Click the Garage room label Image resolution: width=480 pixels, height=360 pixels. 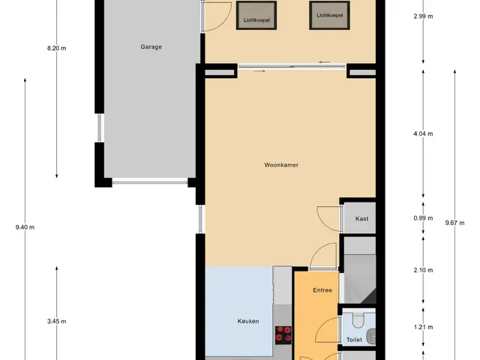tap(151, 46)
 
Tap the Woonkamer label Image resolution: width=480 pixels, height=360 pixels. tap(281, 165)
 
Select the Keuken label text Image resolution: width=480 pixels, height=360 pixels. tap(248, 321)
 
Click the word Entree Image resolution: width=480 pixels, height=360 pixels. tap(322, 290)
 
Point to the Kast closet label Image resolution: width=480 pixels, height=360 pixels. tap(361, 218)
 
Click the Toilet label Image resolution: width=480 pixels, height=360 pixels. tap(354, 340)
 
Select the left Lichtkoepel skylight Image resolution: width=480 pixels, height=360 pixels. tap(256, 15)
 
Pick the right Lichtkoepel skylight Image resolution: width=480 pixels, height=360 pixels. tap(330, 15)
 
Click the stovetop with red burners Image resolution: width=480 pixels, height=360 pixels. tap(283, 334)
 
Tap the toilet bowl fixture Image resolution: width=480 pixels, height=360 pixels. tap(358, 320)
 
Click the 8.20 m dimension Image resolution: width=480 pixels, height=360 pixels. tap(57, 48)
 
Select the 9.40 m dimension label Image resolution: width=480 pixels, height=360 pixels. tap(25, 227)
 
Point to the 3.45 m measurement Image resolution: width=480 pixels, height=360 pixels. tap(57, 321)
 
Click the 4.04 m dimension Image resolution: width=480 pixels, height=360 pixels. tap(423, 133)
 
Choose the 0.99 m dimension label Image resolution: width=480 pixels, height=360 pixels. tap(423, 218)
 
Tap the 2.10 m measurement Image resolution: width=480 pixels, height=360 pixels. tap(423, 270)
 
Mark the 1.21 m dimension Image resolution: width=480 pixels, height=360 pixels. tap(423, 327)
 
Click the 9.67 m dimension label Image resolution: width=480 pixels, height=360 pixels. tap(455, 223)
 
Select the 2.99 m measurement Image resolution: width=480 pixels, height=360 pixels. tap(423, 16)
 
